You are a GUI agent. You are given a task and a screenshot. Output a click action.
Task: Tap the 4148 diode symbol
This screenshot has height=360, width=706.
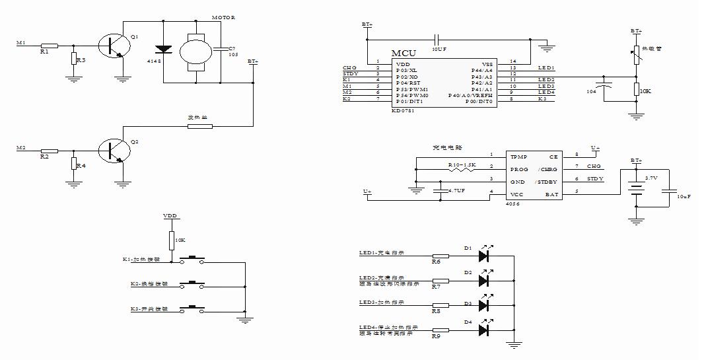click(162, 50)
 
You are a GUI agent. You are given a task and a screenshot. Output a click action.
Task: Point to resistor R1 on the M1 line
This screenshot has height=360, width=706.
click(49, 46)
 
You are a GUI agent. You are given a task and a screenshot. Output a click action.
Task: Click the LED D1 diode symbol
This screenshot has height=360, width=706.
click(483, 255)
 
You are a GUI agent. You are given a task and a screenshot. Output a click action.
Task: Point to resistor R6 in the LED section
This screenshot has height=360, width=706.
click(440, 255)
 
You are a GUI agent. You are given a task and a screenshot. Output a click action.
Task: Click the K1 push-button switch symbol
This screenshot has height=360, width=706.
click(192, 260)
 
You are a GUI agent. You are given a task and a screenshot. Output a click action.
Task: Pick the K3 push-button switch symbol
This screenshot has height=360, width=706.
click(192, 308)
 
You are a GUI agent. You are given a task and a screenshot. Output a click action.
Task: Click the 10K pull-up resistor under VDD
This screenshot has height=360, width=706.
click(172, 240)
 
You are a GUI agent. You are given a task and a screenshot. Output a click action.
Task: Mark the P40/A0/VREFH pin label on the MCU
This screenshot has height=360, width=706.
click(470, 95)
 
